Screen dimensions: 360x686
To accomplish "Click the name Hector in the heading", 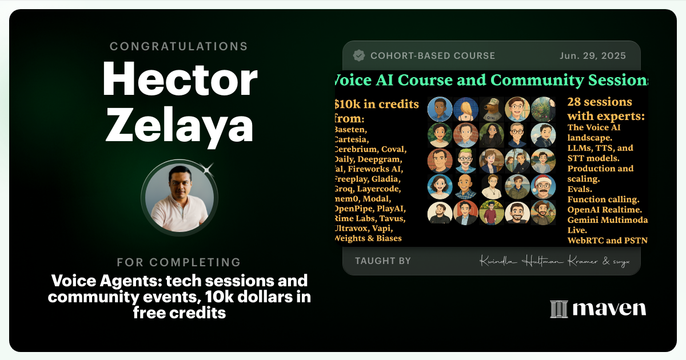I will [x=180, y=80].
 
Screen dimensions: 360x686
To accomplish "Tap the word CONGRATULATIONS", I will [x=179, y=46].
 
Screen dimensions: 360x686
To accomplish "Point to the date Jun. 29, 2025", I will [x=593, y=56].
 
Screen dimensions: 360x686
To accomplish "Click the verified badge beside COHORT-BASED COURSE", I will [x=359, y=56].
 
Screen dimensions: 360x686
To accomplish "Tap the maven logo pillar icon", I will [x=558, y=309].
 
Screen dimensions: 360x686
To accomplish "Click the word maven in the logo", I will [x=609, y=309].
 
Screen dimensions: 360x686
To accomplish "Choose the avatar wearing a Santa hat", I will [x=543, y=186].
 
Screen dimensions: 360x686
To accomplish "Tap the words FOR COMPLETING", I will [x=179, y=262].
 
